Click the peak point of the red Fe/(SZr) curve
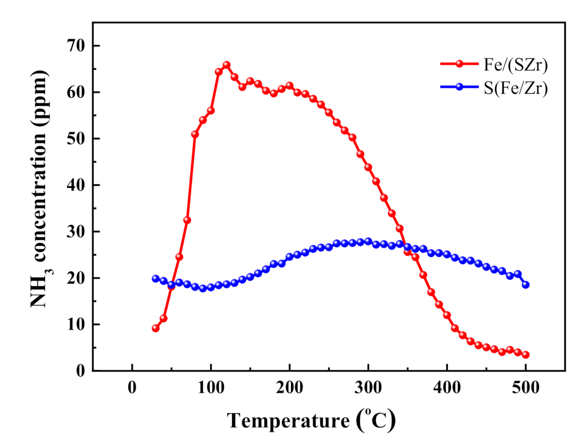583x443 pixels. (226, 65)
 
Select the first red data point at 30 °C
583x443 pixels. (155, 328)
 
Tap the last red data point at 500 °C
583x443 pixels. (526, 354)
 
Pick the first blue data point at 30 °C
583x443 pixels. (155, 279)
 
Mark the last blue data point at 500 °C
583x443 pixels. (526, 285)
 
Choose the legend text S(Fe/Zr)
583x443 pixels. (517, 87)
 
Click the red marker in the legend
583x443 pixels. (460, 64)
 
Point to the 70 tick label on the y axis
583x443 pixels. (77, 46)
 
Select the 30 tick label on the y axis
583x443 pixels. (77, 232)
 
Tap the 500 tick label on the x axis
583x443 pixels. (526, 388)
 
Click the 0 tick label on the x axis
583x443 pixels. (132, 388)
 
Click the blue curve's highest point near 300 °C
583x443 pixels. (368, 242)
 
